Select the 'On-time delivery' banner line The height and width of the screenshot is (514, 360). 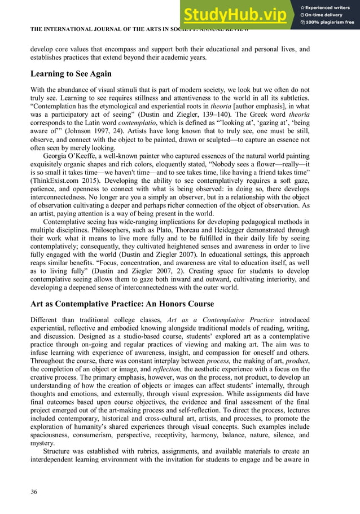click(327, 14)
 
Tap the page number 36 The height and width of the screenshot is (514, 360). click(34, 492)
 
